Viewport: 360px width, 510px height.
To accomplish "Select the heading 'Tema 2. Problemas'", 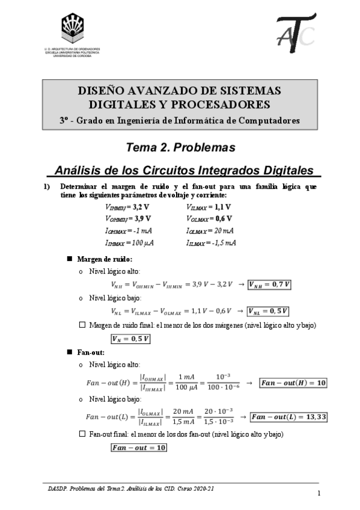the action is [180, 147].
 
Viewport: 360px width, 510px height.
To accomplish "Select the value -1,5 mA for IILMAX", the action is [227, 242].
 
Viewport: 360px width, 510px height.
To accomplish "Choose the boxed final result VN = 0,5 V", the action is [135, 339].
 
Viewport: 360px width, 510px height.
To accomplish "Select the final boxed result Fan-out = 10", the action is [138, 447].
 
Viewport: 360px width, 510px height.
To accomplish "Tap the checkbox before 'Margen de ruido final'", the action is [82, 325].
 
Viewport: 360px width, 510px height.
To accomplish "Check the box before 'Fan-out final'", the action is [82, 434].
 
